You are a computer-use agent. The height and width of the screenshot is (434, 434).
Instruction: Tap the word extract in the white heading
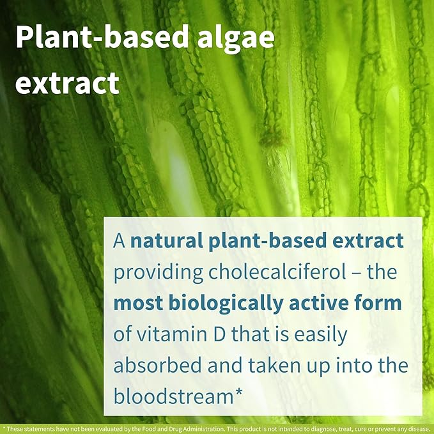coord(67,83)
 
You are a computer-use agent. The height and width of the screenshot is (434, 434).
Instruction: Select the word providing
coord(157,272)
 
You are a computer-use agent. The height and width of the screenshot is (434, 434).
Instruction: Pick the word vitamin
coord(171,334)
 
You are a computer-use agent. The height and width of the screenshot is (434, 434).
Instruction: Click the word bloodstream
coord(174,395)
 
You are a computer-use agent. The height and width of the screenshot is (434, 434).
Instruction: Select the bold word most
coord(137,303)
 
